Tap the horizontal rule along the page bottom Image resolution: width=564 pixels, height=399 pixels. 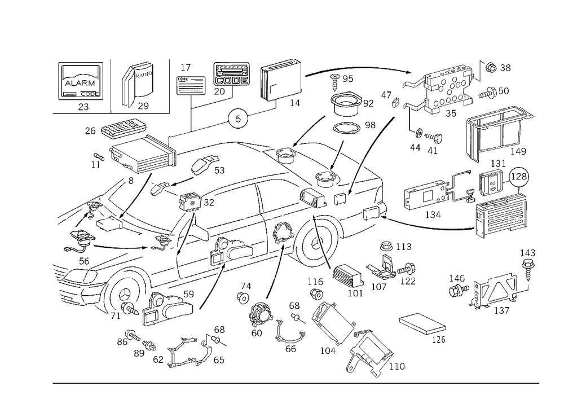point(296,383)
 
